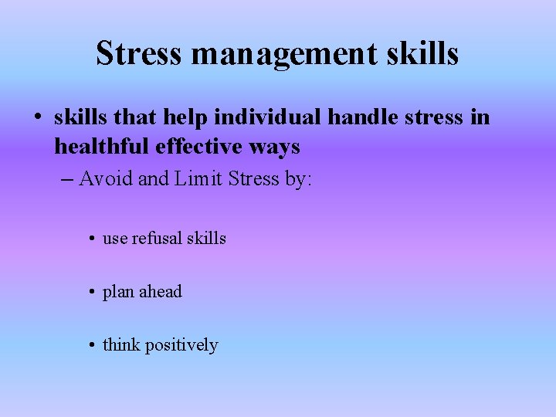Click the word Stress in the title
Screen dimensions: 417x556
coord(139,54)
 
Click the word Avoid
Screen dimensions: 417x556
coord(107,179)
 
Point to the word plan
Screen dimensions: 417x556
coord(118,293)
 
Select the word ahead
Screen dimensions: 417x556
coord(161,292)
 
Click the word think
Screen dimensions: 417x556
coord(120,345)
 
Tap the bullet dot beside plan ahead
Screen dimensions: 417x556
coord(92,293)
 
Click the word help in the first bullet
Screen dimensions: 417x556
coord(185,118)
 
